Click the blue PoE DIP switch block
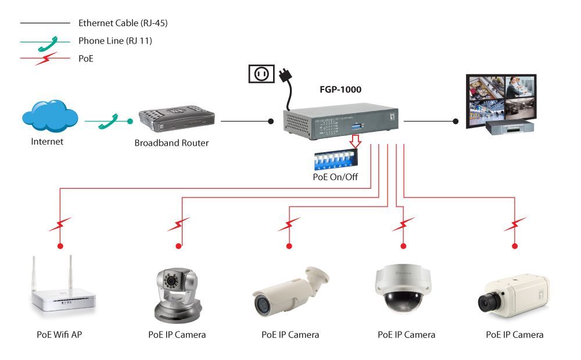pos(336,160)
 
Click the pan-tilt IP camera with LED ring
pos(176,293)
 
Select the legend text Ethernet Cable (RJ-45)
pos(123,23)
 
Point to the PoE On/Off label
pos(335,177)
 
